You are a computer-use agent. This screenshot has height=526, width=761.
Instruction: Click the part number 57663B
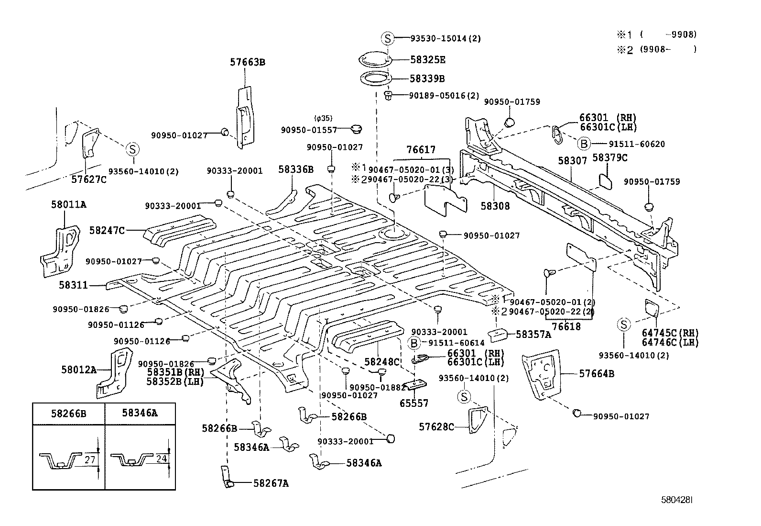click(247, 62)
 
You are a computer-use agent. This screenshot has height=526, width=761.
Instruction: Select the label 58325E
click(427, 60)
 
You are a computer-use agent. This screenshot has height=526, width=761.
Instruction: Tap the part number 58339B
click(427, 78)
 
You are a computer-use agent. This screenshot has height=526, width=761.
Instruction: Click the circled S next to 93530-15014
click(388, 39)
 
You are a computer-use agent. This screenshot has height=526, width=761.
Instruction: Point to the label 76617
click(421, 150)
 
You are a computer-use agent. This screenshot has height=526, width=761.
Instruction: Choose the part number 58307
click(572, 161)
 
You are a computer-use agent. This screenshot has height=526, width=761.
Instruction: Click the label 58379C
click(609, 157)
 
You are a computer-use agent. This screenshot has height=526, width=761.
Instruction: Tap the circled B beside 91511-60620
click(583, 144)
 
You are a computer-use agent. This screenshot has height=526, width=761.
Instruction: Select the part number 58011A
click(69, 205)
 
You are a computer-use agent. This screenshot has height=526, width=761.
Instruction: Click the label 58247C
click(107, 231)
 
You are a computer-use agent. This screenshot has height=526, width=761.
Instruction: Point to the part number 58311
click(73, 285)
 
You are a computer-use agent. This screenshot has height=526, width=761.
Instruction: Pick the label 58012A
click(79, 369)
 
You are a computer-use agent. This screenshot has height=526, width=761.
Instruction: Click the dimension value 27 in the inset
click(90, 460)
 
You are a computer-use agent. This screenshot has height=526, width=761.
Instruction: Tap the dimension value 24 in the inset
click(161, 459)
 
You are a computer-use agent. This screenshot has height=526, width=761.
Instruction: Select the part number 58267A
click(271, 483)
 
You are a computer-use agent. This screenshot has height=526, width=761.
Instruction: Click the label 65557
click(414, 403)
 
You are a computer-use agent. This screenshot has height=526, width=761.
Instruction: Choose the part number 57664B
click(597, 374)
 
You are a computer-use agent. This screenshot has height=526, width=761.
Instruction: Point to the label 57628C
click(437, 426)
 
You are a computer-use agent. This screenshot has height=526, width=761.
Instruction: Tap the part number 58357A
click(533, 335)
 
